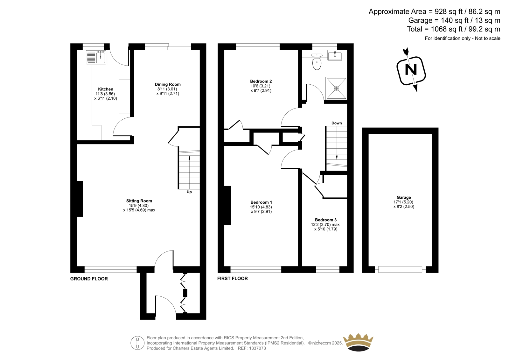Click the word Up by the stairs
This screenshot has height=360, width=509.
click(189, 192)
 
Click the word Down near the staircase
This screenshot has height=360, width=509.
click(337, 123)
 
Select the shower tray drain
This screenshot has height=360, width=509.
click(336, 88)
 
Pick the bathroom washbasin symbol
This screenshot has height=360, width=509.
click(335, 55)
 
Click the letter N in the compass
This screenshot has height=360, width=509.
click(411, 69)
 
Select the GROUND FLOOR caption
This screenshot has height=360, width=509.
click(89, 279)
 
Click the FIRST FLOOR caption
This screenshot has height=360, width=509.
click(233, 279)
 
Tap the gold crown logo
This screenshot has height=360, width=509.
click(358, 342)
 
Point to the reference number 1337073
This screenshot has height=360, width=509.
click(257, 348)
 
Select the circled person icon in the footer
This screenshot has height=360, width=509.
click(137, 343)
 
